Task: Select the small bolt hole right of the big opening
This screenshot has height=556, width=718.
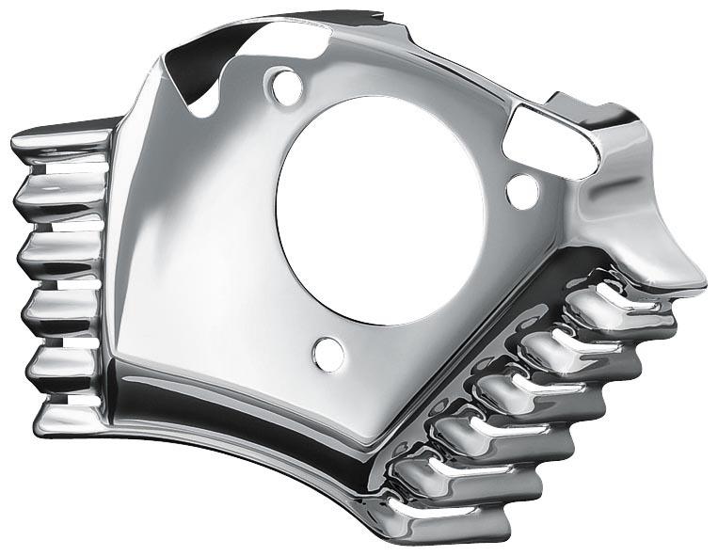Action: click(522, 191)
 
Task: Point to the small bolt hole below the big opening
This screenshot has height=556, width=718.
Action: click(328, 353)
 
